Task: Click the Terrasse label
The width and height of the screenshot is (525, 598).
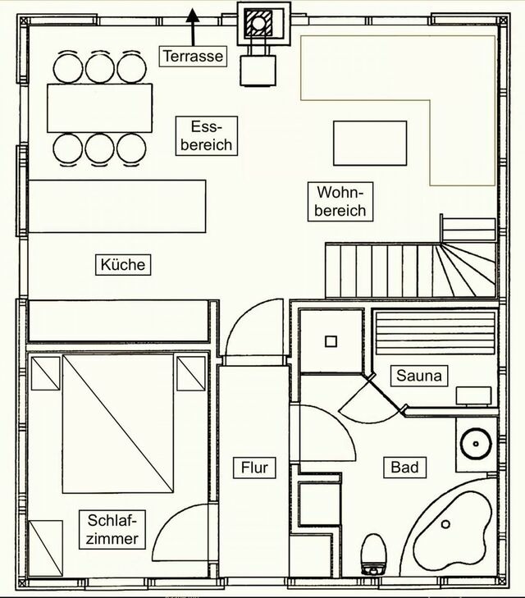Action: (192, 57)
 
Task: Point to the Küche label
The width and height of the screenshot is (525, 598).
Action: (122, 265)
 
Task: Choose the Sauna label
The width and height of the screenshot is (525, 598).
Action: (419, 377)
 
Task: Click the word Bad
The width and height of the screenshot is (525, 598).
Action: (404, 467)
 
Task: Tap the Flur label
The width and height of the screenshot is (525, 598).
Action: (254, 468)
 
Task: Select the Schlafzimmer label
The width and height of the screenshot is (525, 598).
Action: (112, 529)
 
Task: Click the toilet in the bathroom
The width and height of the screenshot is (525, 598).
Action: (374, 553)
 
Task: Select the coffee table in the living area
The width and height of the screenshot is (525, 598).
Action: (369, 143)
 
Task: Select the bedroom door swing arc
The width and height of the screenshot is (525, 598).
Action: (176, 533)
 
